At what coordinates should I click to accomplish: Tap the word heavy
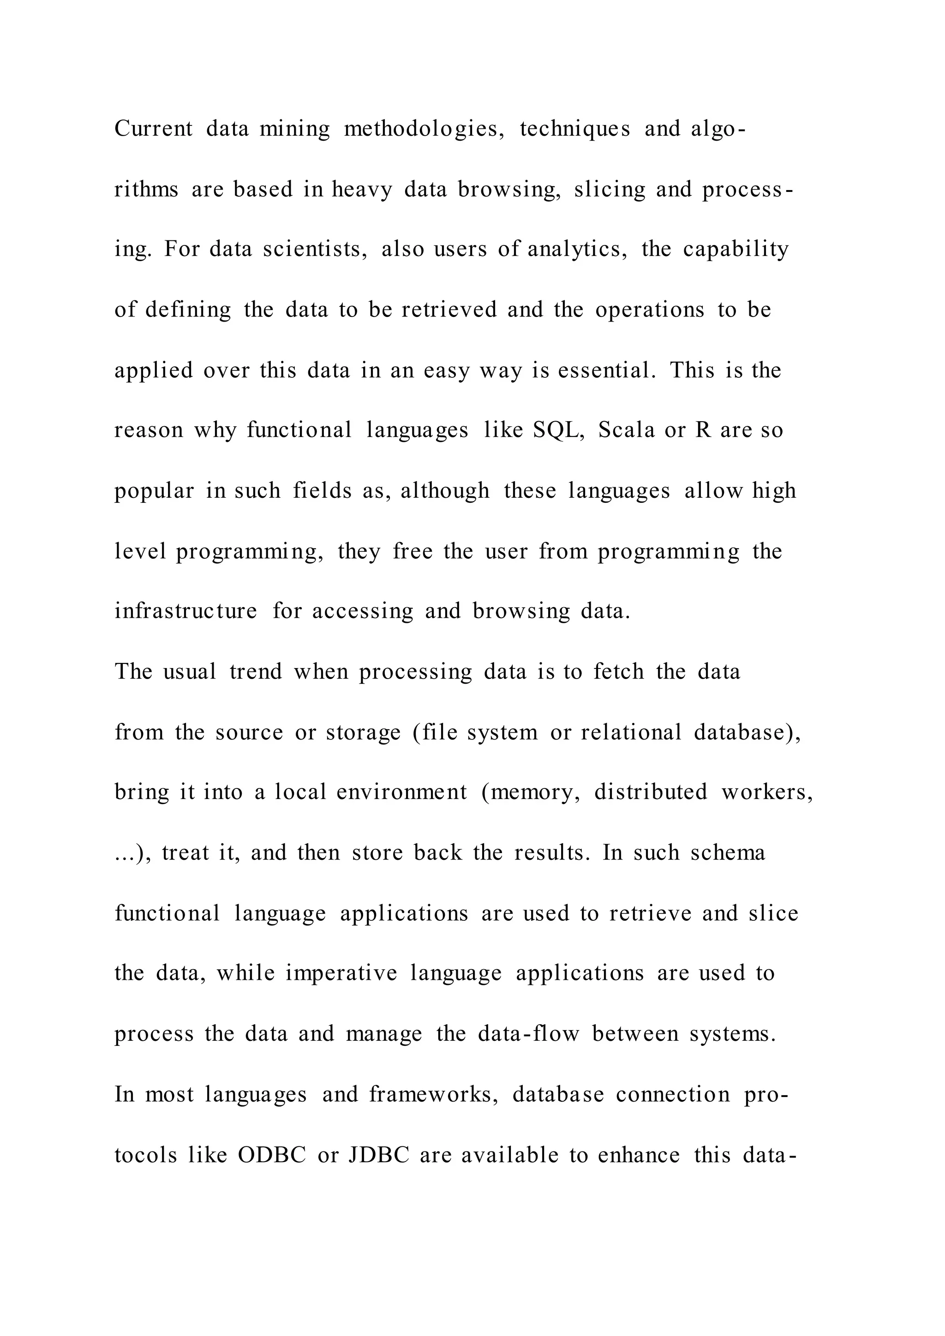click(362, 190)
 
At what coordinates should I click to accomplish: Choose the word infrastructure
click(185, 611)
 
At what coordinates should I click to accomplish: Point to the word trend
click(256, 672)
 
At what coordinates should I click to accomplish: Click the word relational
click(631, 732)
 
